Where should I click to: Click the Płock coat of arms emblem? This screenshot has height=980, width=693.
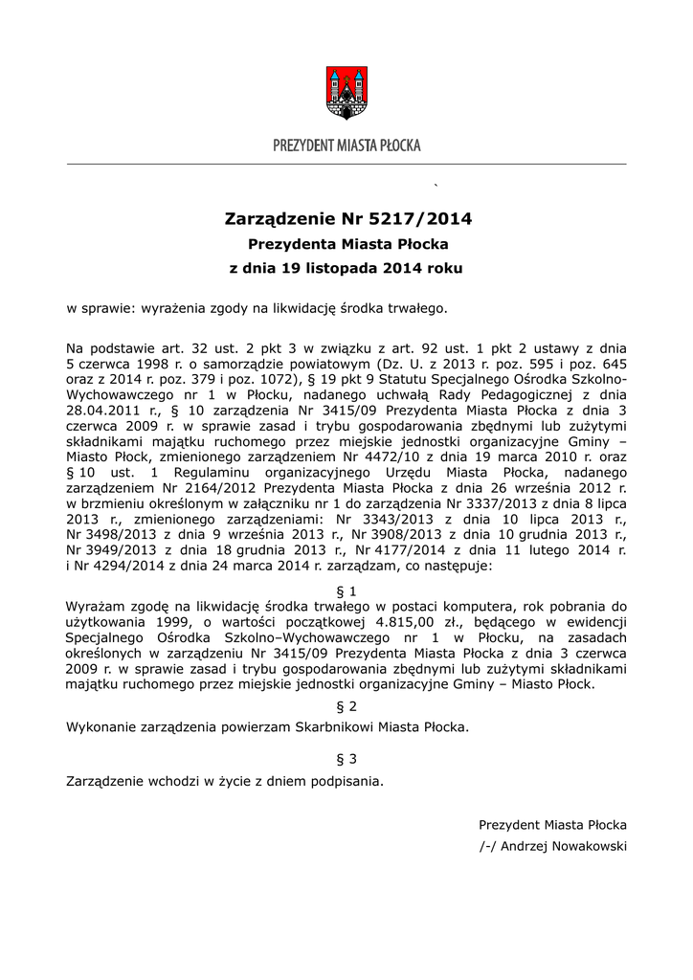[346, 92]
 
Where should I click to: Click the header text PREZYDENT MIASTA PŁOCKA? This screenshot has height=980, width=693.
[346, 145]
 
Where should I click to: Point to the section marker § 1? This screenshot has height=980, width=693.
[346, 590]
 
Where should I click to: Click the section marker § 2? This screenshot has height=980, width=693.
[346, 706]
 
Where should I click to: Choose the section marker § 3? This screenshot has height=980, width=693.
[346, 759]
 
